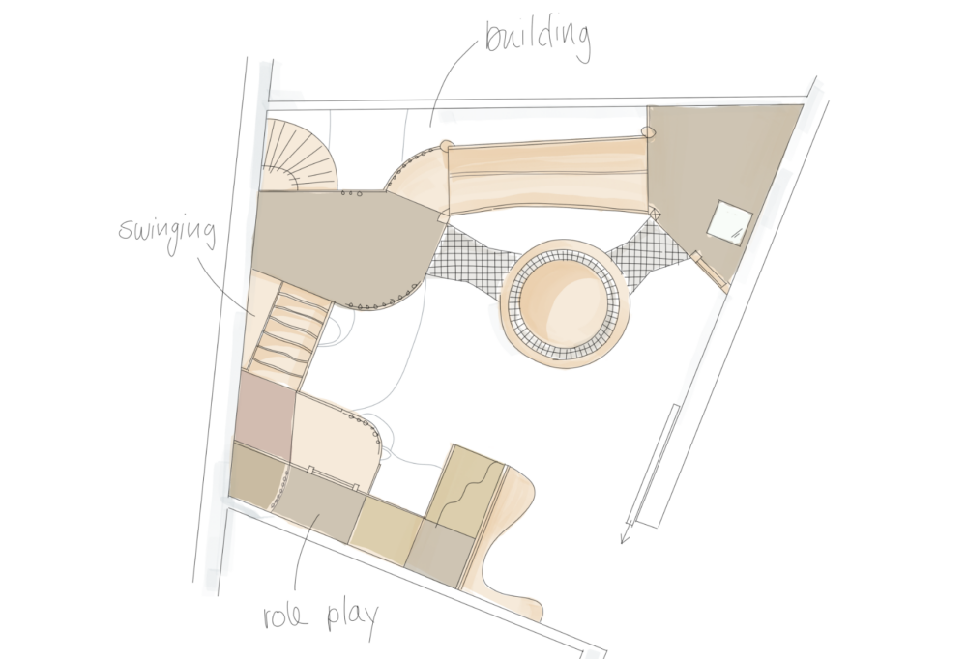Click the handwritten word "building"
click(538, 39)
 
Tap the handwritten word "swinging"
click(167, 233)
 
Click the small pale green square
click(729, 222)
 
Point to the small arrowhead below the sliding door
click(627, 532)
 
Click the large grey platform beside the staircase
click(341, 247)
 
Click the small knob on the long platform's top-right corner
click(647, 131)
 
